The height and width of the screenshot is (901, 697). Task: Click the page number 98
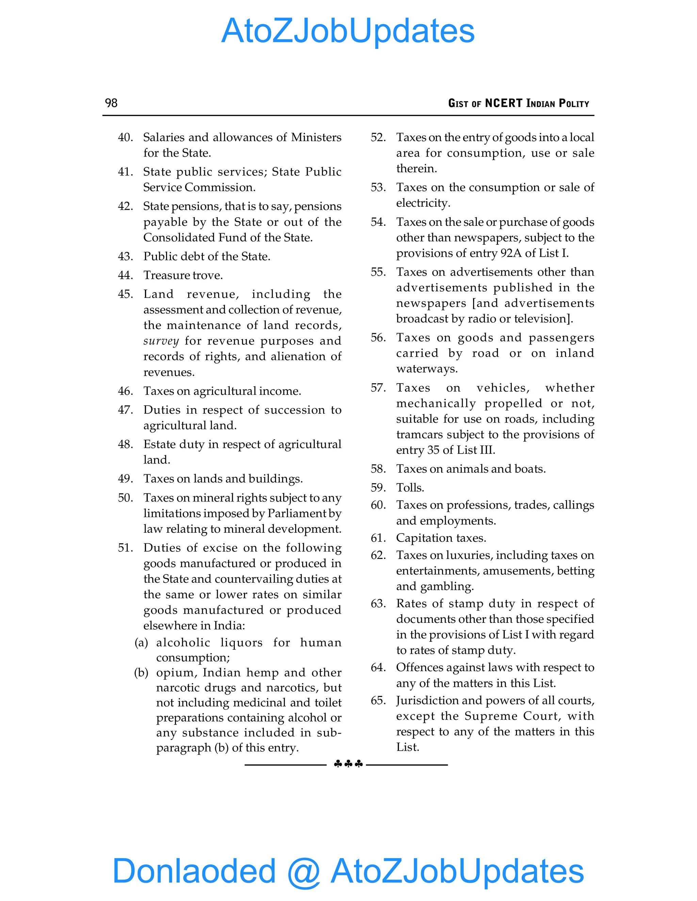111,103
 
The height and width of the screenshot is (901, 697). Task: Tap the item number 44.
126,275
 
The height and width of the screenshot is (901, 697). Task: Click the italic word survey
161,341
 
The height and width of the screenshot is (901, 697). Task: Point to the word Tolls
410,488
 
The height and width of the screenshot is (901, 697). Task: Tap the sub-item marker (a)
141,642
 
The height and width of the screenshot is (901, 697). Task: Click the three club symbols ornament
348,764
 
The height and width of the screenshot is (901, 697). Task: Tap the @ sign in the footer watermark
304,871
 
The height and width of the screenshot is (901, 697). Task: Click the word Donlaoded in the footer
194,870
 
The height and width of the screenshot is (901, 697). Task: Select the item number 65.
378,700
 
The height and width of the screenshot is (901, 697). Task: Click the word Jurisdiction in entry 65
427,700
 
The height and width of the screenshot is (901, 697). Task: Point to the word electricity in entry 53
422,203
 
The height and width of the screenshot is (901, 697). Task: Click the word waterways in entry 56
426,369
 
